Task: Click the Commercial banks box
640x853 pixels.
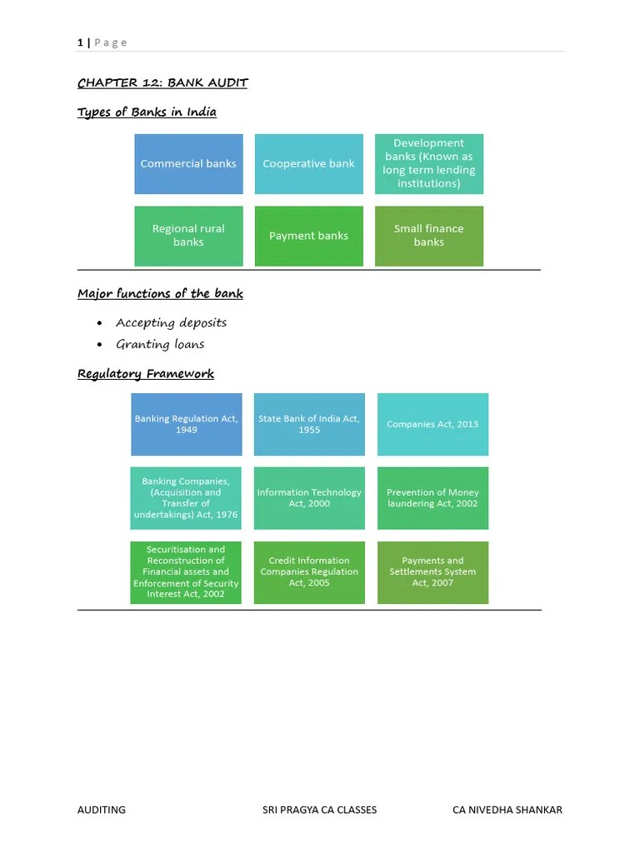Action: pyautogui.click(x=188, y=164)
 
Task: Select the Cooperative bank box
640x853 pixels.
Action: pyautogui.click(x=308, y=164)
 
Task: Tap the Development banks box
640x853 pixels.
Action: pyautogui.click(x=428, y=164)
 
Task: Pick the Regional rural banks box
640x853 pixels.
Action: pyautogui.click(x=188, y=236)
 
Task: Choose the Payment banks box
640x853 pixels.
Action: pyautogui.click(x=308, y=236)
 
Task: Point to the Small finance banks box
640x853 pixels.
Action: pyautogui.click(x=428, y=236)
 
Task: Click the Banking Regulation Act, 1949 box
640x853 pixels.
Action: pyautogui.click(x=187, y=424)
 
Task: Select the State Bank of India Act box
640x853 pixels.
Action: pyautogui.click(x=309, y=424)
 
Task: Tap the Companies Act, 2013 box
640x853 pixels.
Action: pyautogui.click(x=432, y=424)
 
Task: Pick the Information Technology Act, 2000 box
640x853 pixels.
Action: pyautogui.click(x=309, y=498)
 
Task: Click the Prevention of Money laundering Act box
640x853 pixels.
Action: pyautogui.click(x=432, y=498)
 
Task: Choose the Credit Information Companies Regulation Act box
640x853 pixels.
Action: pyautogui.click(x=309, y=572)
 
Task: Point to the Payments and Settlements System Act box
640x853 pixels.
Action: pyautogui.click(x=432, y=572)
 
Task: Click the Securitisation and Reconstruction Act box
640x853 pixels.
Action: pyautogui.click(x=186, y=572)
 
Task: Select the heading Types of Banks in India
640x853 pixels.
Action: pyautogui.click(x=147, y=112)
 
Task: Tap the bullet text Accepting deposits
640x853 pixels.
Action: pyautogui.click(x=171, y=322)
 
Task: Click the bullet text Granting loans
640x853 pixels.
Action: pyautogui.click(x=160, y=344)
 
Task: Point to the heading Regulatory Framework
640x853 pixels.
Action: pyautogui.click(x=146, y=374)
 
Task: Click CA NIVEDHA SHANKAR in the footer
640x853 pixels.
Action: pyautogui.click(x=507, y=810)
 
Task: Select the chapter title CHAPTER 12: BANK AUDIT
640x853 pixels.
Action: pyautogui.click(x=162, y=82)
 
